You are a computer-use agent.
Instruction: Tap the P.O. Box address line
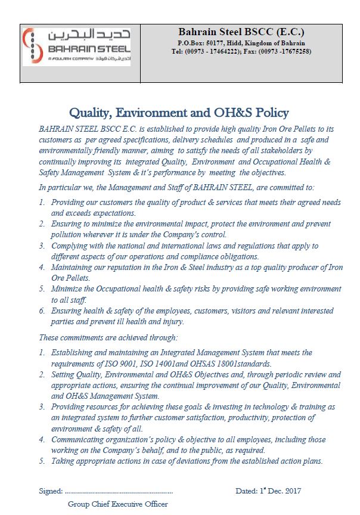241,44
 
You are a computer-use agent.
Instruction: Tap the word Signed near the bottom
49,491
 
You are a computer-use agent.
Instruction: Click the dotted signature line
119,492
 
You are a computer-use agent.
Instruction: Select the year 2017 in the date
291,491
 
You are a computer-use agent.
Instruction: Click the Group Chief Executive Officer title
117,504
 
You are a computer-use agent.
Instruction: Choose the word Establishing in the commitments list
75,353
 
